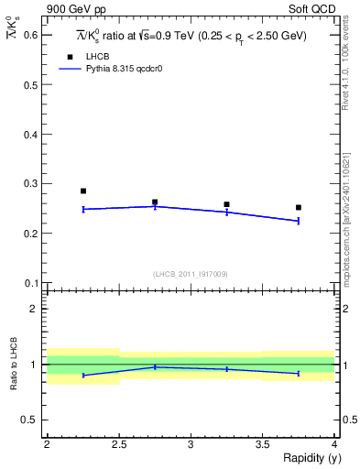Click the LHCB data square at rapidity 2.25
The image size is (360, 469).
[x=83, y=191]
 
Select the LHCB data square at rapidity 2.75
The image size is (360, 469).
[x=155, y=202]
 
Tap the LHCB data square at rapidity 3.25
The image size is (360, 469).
[x=226, y=204]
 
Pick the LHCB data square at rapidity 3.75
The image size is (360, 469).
[x=298, y=207]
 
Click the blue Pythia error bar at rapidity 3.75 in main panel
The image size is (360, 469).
[x=298, y=221]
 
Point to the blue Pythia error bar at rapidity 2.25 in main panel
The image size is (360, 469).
[x=83, y=209]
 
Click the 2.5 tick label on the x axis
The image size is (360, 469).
[x=118, y=444]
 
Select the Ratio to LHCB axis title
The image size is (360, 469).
[x=13, y=365]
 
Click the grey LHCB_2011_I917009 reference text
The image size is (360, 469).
[x=190, y=274]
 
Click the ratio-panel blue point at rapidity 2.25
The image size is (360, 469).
[x=83, y=376]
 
